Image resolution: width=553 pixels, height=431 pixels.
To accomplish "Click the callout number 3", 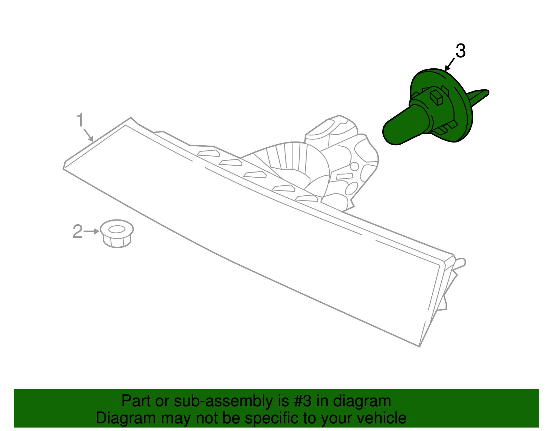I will point(460,51).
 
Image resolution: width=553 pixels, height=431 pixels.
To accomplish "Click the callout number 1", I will point(80,120).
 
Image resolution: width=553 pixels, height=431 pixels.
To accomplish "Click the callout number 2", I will point(77,232).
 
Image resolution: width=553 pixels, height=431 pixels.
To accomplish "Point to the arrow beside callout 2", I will point(92,231).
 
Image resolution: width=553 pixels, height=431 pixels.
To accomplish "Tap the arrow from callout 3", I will point(450,65).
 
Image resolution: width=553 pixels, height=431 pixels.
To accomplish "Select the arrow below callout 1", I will point(88,135).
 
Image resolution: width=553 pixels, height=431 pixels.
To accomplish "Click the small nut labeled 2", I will point(117,234).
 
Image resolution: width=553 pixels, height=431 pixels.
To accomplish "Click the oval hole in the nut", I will point(117,229).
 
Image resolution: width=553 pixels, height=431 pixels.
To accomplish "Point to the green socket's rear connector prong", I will point(479,96).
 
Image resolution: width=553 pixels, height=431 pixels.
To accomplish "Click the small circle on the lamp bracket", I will point(354,166).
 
